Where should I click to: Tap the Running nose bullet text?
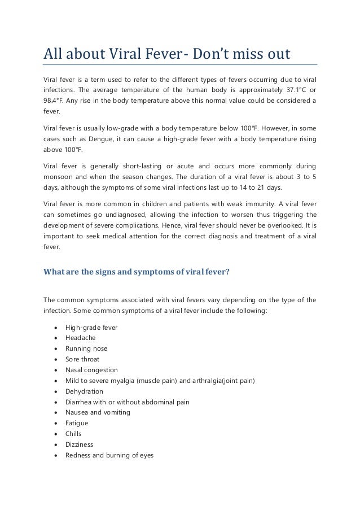tap(86, 348)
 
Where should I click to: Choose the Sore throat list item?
tap(82, 359)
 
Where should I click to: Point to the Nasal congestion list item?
tap(91, 370)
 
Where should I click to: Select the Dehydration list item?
tap(84, 391)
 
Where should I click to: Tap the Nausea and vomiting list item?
tap(98, 412)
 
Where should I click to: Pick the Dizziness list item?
tap(80, 444)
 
